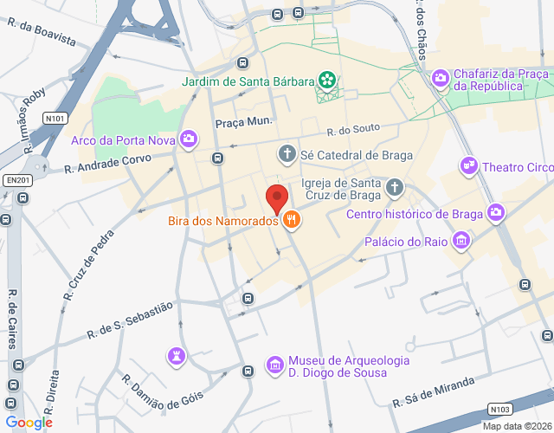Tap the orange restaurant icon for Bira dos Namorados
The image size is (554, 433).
pyautogui.click(x=292, y=220)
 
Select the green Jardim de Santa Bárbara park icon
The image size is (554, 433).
pyautogui.click(x=327, y=81)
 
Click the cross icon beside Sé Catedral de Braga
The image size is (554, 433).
pyautogui.click(x=287, y=155)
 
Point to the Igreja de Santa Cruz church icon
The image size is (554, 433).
pyautogui.click(x=395, y=187)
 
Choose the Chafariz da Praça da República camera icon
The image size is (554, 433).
pyautogui.click(x=440, y=79)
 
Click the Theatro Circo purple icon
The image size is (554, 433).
pyautogui.click(x=469, y=165)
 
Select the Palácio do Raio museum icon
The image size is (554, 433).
pyautogui.click(x=462, y=241)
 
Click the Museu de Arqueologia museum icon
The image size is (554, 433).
pyautogui.click(x=274, y=365)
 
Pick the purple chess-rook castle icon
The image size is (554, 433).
pyautogui.click(x=176, y=355)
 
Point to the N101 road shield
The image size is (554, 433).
pyautogui.click(x=56, y=118)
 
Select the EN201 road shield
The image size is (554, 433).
pyautogui.click(x=16, y=179)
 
